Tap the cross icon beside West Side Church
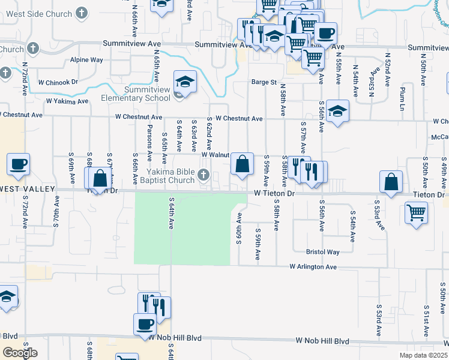tap(81, 14)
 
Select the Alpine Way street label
tap(86, 60)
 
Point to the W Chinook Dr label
tap(58, 82)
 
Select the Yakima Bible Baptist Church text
tap(161, 175)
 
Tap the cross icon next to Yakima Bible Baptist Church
tap(204, 175)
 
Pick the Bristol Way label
tap(322, 252)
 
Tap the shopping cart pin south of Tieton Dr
tap(416, 212)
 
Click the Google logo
tap(20, 353)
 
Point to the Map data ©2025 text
tap(423, 355)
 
